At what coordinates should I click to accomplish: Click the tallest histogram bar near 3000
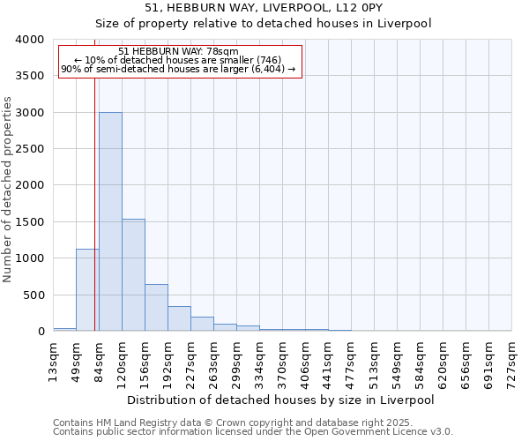point(110,220)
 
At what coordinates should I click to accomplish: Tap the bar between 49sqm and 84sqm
point(87,290)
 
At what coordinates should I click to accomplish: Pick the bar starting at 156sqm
point(156,308)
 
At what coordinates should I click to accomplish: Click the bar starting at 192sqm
point(179,318)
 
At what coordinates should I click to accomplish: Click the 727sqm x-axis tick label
point(512,363)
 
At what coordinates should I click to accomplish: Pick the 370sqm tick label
point(283,363)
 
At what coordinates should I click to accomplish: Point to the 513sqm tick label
point(375,363)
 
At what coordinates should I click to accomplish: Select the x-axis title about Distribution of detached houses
point(280,400)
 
